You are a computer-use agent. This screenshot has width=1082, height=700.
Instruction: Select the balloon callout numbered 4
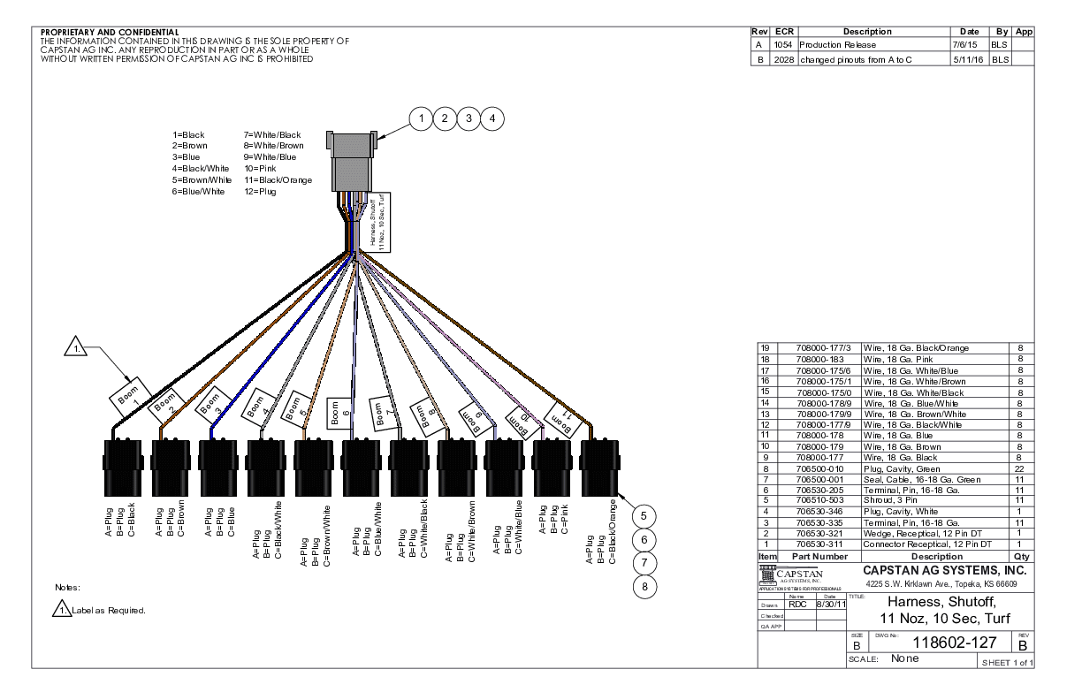click(x=492, y=118)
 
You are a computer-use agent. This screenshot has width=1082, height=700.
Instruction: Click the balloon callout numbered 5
click(x=645, y=516)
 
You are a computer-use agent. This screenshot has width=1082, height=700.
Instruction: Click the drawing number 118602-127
click(x=941, y=644)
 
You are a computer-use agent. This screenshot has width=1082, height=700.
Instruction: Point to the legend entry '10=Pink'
click(x=259, y=168)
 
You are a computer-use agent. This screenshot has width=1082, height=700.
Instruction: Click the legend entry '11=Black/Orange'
click(x=278, y=179)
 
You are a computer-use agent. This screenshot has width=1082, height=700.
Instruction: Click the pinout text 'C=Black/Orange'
click(x=611, y=531)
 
